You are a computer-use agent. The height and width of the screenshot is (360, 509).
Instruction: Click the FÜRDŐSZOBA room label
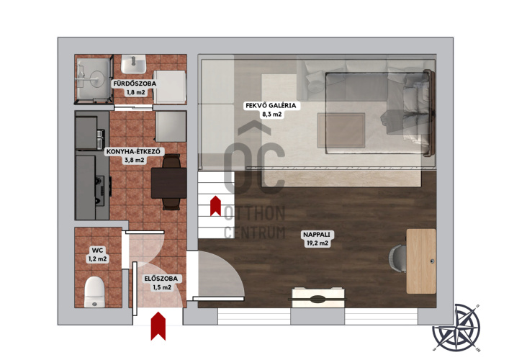point(135,84)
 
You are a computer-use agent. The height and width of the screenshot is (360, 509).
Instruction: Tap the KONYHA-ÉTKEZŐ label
point(133,151)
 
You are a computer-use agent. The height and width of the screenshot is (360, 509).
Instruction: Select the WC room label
point(97,251)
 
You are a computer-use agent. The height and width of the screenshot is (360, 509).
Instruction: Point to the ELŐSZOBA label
point(161,279)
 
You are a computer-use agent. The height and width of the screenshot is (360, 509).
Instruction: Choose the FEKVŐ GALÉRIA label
point(271,106)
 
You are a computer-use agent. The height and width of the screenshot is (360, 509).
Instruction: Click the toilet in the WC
point(94,292)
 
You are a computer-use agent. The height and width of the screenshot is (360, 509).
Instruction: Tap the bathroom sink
point(133,64)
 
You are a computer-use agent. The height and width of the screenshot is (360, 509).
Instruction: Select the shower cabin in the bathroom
point(94,80)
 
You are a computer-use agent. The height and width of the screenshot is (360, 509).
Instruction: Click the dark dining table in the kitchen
point(168,183)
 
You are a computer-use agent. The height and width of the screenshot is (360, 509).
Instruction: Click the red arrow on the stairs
point(215,206)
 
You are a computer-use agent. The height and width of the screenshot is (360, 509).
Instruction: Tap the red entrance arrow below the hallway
point(158,326)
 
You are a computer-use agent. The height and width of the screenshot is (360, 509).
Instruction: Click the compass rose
point(456,328)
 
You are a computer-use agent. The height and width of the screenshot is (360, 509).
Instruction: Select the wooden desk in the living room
point(421,261)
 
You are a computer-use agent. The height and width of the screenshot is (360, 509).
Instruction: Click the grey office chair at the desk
point(397,258)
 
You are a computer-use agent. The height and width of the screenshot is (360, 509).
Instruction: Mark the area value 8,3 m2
point(271,114)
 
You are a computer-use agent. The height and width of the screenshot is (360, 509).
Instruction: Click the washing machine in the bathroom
point(169,87)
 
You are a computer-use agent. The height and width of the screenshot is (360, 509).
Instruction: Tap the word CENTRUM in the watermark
point(255,233)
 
